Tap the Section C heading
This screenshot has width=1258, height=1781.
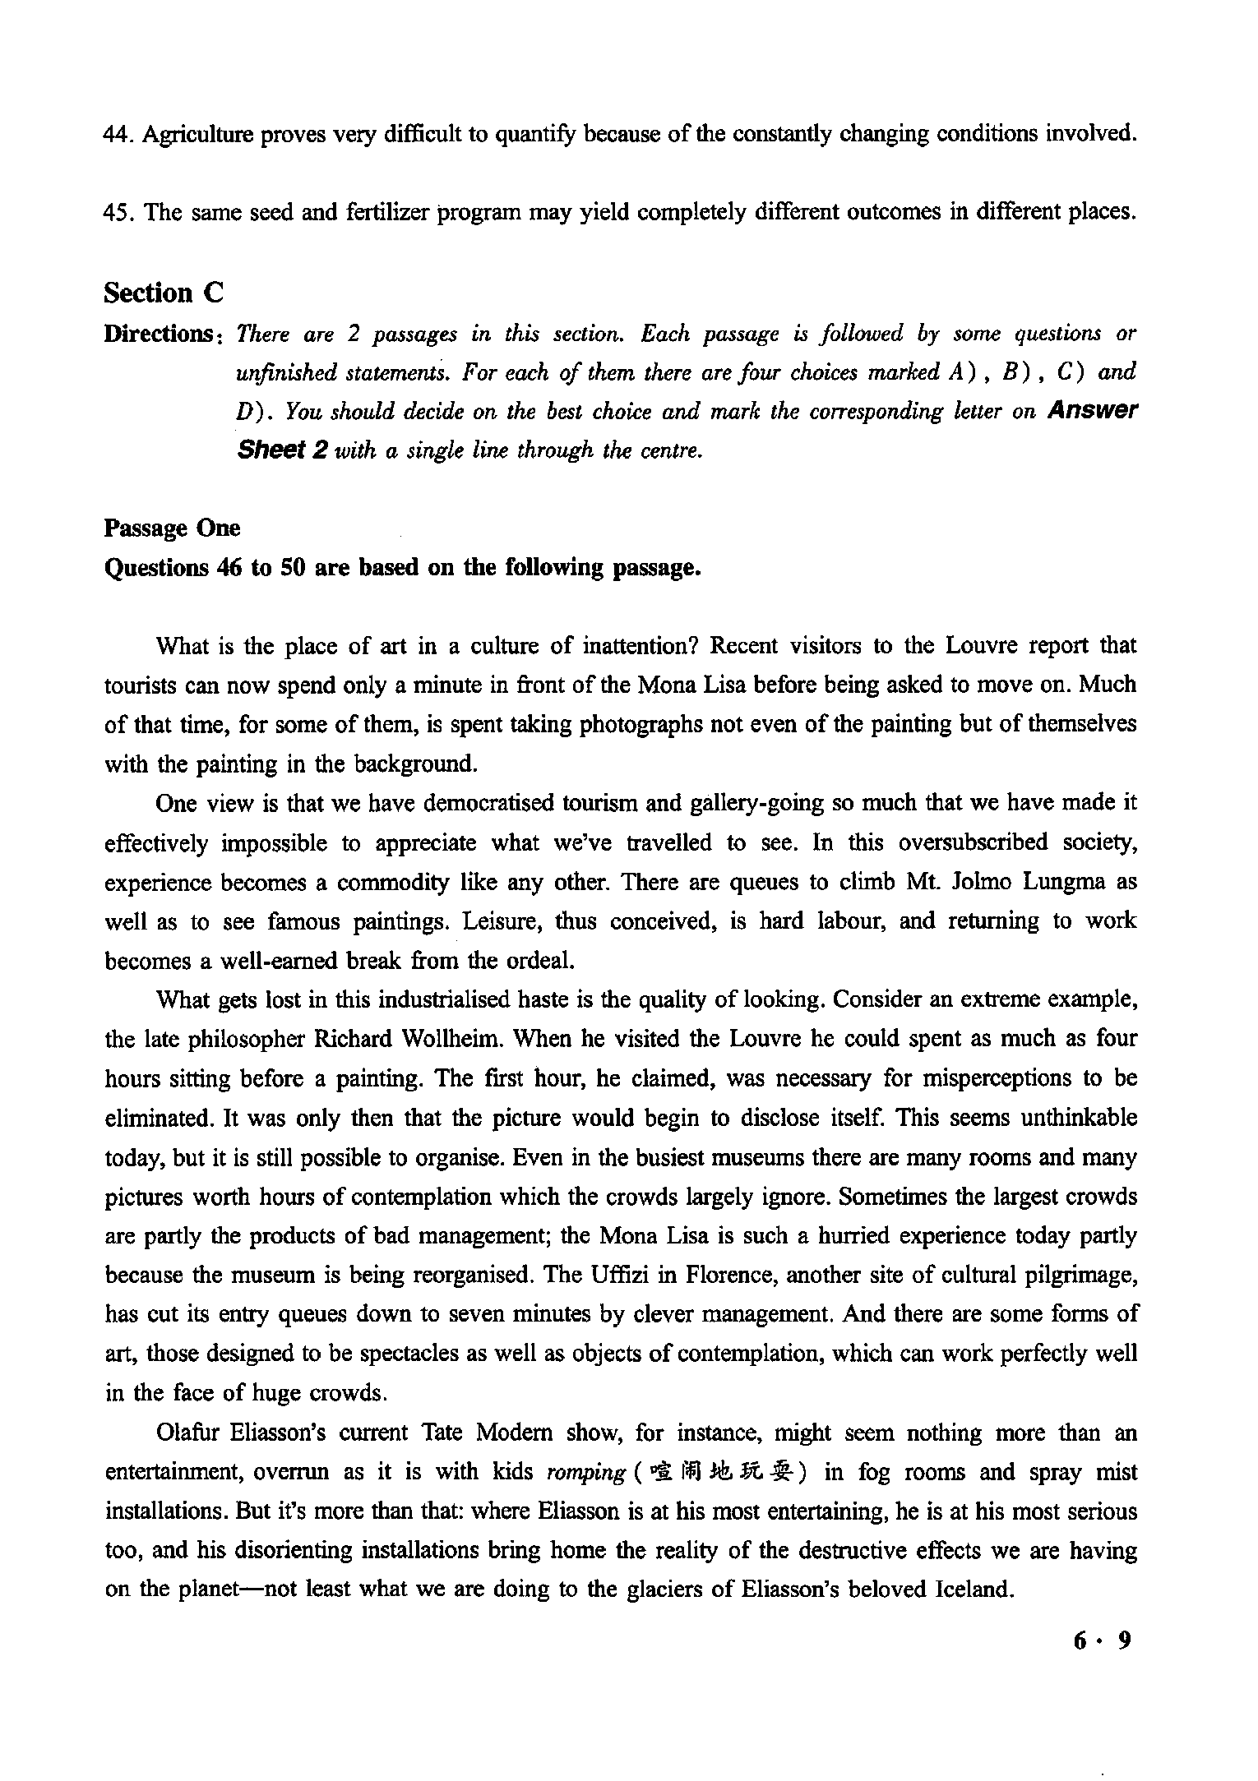click(164, 293)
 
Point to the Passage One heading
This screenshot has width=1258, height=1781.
click(173, 528)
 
